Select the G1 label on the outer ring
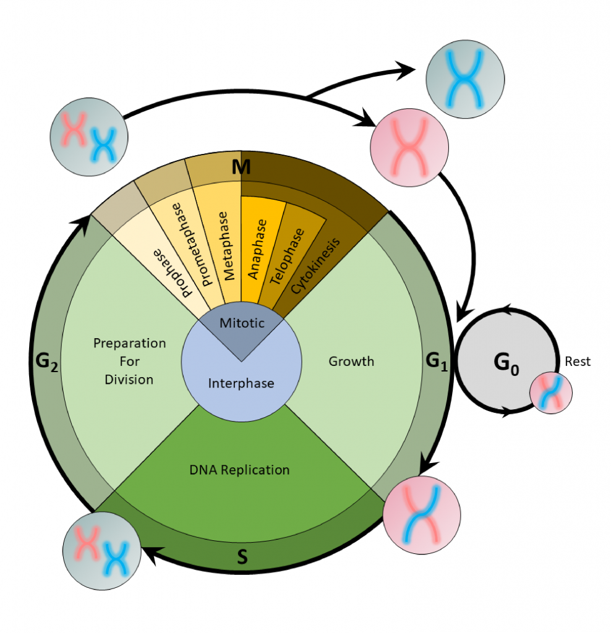[x=435, y=360]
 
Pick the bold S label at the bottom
[x=242, y=558]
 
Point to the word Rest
[x=578, y=362]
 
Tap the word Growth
[x=351, y=361]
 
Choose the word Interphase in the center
[x=241, y=383]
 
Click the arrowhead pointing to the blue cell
[x=408, y=70]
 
